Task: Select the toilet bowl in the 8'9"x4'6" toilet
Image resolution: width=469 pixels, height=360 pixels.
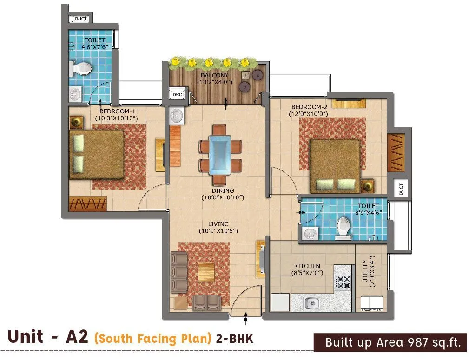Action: (x=343, y=227)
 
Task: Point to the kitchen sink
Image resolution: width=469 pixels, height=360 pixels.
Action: (x=312, y=303)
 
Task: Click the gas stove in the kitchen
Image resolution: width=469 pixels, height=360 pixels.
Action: (x=343, y=282)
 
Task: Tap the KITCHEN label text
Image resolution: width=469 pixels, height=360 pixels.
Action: (x=306, y=266)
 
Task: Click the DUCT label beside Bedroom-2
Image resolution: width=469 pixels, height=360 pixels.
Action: (x=401, y=189)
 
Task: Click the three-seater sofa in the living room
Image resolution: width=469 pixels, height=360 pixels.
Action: (x=178, y=273)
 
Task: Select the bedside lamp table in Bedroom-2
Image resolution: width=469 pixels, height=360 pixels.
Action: (x=369, y=185)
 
